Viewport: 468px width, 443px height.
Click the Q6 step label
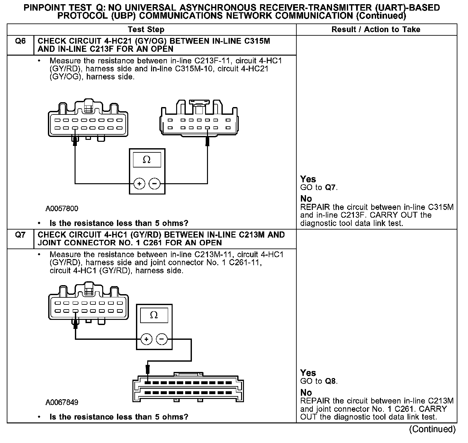tap(20, 41)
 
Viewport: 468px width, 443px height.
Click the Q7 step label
tap(20, 235)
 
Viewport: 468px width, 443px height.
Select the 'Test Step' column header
tap(146, 30)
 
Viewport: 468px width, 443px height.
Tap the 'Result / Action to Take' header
tap(376, 30)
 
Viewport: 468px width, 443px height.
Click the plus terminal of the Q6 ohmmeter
tap(139, 184)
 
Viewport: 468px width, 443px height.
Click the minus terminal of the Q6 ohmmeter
tap(155, 184)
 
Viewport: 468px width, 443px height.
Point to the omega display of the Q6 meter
tap(147, 160)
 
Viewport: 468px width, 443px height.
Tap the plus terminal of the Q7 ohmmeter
tap(147, 339)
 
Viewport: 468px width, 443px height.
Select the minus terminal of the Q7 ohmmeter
tap(162, 339)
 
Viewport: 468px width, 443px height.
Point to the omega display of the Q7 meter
tap(154, 315)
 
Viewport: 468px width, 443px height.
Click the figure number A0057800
tap(62, 209)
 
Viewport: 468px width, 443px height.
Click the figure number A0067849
tap(62, 402)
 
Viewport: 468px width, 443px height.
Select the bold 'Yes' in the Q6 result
tap(308, 179)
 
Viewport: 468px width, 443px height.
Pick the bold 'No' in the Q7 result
tap(306, 393)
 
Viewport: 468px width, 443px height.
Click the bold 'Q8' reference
tap(331, 381)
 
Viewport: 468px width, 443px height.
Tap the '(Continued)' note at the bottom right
tap(432, 429)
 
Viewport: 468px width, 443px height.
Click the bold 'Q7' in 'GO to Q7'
tap(331, 187)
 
